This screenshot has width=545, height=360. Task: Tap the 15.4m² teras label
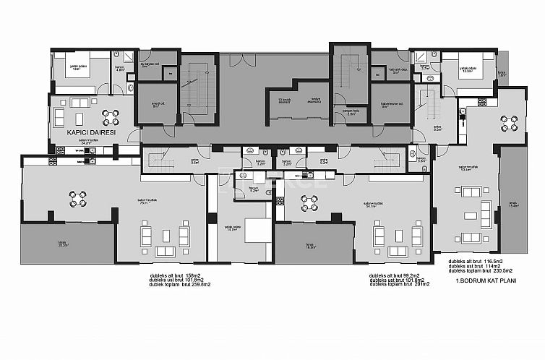pyautogui.click(x=514, y=205)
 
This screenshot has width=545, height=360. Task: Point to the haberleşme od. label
pyautogui.click(x=390, y=104)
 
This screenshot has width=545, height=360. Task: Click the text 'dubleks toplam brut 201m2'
pyautogui.click(x=400, y=285)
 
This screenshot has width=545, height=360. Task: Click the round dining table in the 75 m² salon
pyautogui.click(x=78, y=195)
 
